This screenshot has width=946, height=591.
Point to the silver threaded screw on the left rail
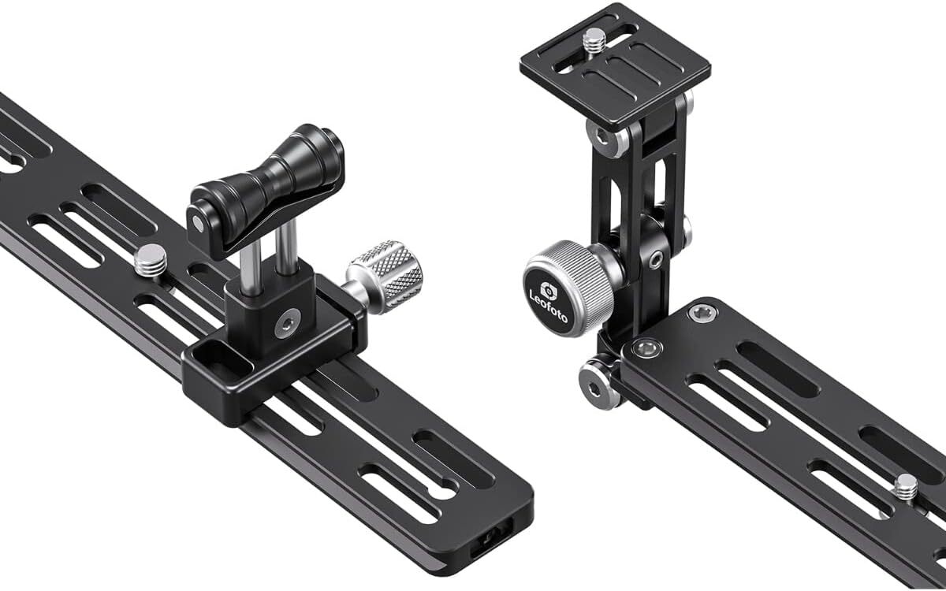pos(151,261)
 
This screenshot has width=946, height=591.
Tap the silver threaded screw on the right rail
pos(907,489)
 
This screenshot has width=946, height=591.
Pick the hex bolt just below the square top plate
pos(605,137)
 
